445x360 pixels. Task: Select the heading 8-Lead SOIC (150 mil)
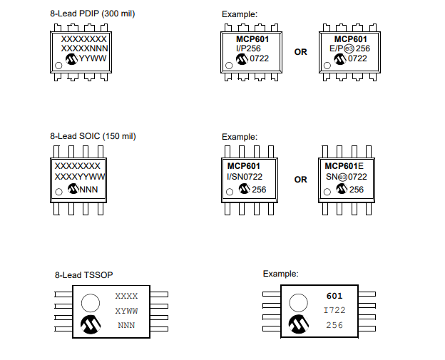[x=93, y=136]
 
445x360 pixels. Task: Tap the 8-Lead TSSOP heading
[x=83, y=274]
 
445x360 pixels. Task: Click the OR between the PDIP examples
[x=301, y=52]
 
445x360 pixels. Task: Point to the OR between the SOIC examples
[x=301, y=180]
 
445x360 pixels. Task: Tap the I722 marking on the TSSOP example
[x=334, y=311]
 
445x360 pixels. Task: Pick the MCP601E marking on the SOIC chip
[x=339, y=165]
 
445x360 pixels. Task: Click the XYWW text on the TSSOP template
[x=126, y=311]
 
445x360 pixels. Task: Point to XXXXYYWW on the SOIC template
[x=80, y=176]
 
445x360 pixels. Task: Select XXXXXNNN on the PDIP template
[x=84, y=48]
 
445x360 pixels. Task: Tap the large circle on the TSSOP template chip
[x=91, y=301]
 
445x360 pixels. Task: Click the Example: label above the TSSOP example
[x=280, y=274]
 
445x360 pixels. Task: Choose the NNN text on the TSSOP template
[x=126, y=325]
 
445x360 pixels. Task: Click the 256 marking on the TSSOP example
[x=334, y=325]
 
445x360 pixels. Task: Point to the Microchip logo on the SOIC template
[x=71, y=189]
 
